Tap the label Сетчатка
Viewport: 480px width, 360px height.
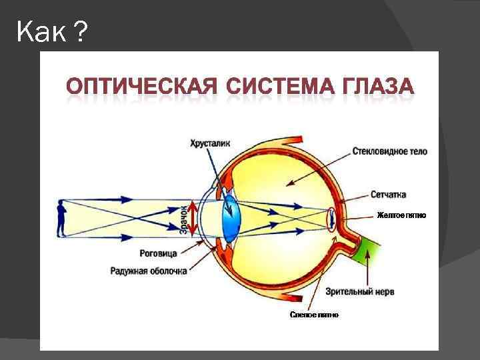(x=389, y=195)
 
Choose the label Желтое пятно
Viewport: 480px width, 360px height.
(x=401, y=215)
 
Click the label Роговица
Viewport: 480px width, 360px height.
(x=158, y=254)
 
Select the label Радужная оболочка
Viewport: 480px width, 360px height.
(x=149, y=271)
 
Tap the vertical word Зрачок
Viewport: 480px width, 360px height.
(x=184, y=219)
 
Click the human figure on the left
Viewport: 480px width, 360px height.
(x=61, y=218)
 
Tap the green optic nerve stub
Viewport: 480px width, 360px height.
(x=368, y=251)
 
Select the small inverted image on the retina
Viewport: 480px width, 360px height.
(x=331, y=219)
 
